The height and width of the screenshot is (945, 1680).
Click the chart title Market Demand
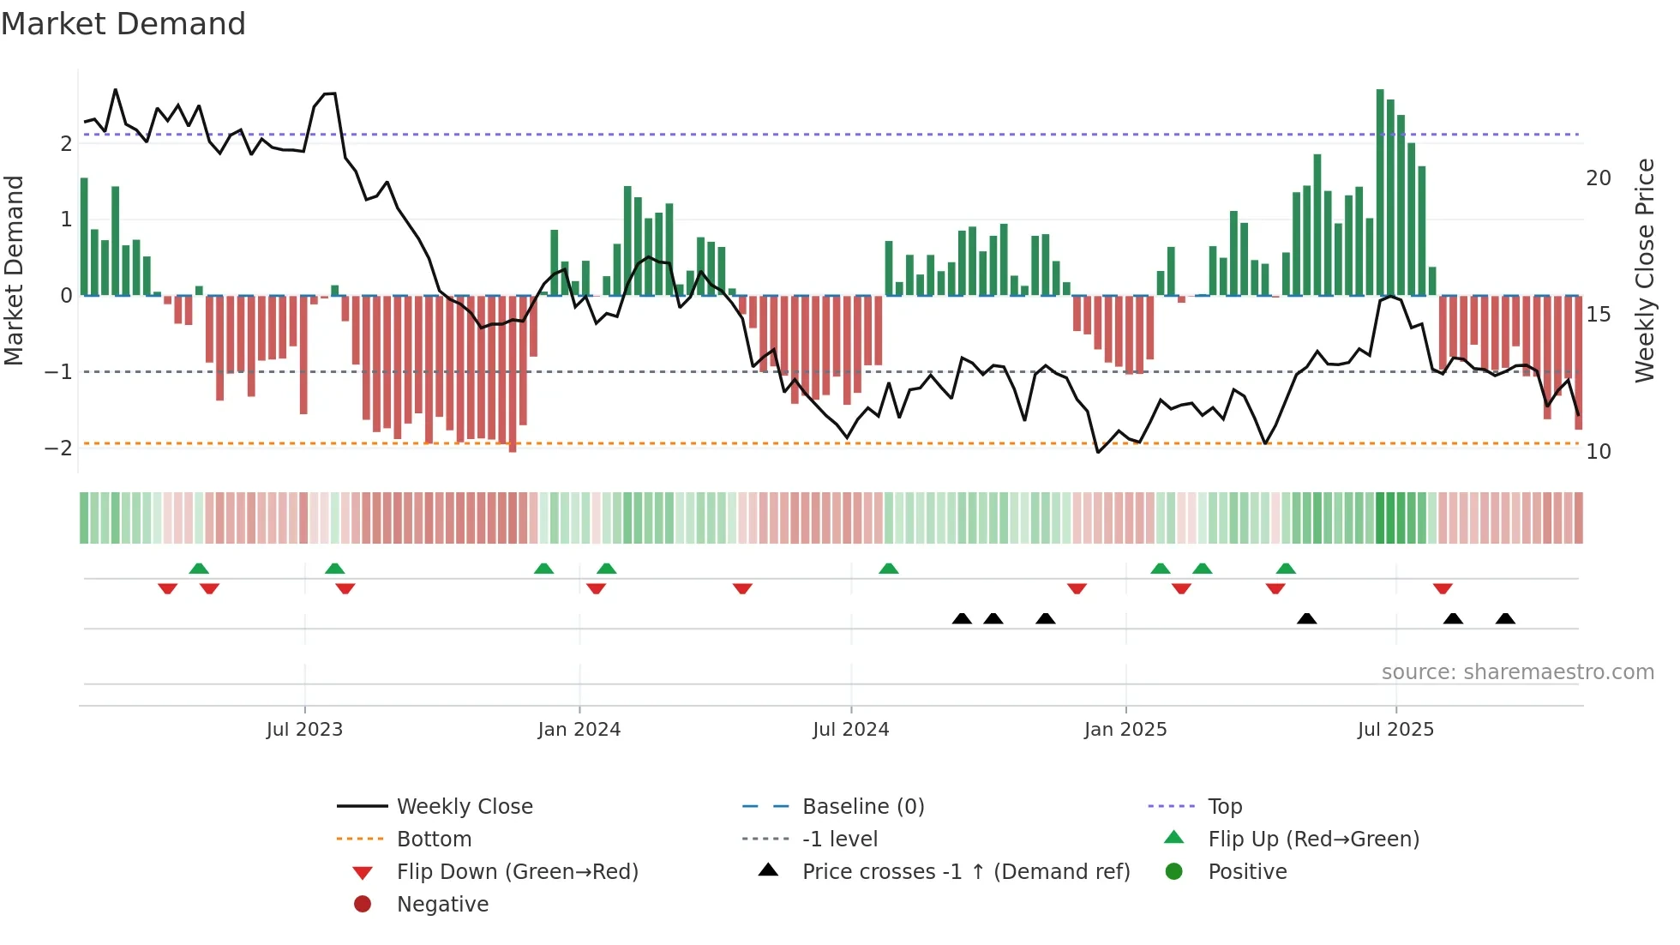click(x=123, y=24)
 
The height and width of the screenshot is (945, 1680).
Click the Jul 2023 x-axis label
click(x=304, y=730)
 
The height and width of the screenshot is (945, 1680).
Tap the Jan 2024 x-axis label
click(x=579, y=730)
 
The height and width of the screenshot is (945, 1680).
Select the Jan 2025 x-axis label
click(x=1125, y=730)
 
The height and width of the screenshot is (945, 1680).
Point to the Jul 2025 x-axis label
click(x=1395, y=730)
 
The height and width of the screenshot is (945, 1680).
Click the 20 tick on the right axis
click(x=1598, y=178)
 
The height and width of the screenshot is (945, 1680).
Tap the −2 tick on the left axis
click(x=58, y=448)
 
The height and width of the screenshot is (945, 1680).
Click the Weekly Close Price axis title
click(x=1644, y=270)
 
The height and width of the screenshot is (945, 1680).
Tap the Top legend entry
click(x=1224, y=807)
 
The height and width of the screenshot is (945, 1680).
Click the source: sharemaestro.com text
click(x=1517, y=672)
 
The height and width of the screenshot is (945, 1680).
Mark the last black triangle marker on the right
click(x=1505, y=618)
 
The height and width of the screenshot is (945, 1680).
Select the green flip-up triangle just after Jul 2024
click(x=888, y=569)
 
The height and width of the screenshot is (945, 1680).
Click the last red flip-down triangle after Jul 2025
click(x=1443, y=588)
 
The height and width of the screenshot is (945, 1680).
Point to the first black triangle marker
click(x=962, y=618)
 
